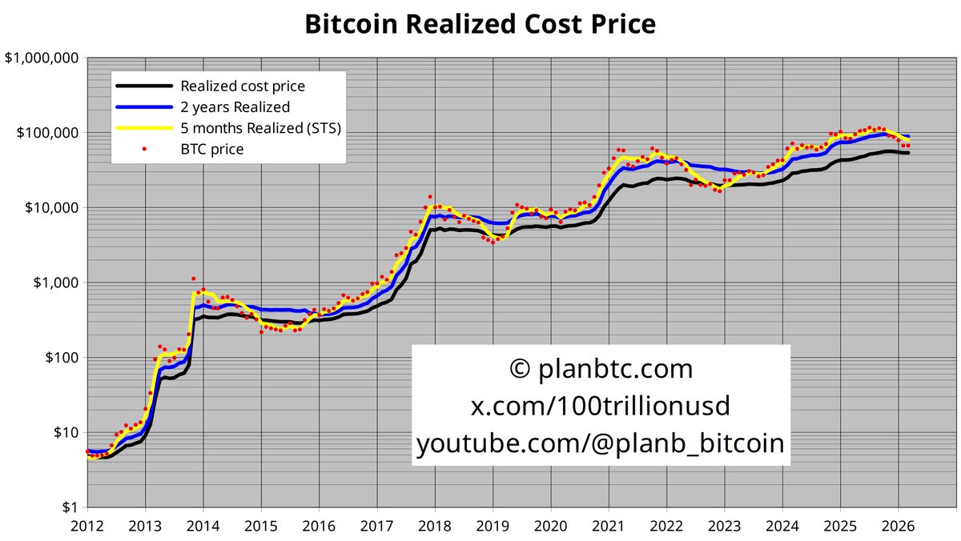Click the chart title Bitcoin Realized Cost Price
pos(480,24)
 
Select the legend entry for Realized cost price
pos(242,86)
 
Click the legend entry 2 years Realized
pos(235,107)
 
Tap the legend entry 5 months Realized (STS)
pos(261,128)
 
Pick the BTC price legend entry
pos(211,149)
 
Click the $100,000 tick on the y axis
pos(45,133)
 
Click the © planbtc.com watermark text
pos(601,370)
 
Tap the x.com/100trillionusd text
pos(601,406)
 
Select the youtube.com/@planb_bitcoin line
pos(601,443)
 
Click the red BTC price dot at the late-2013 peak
pos(193,279)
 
